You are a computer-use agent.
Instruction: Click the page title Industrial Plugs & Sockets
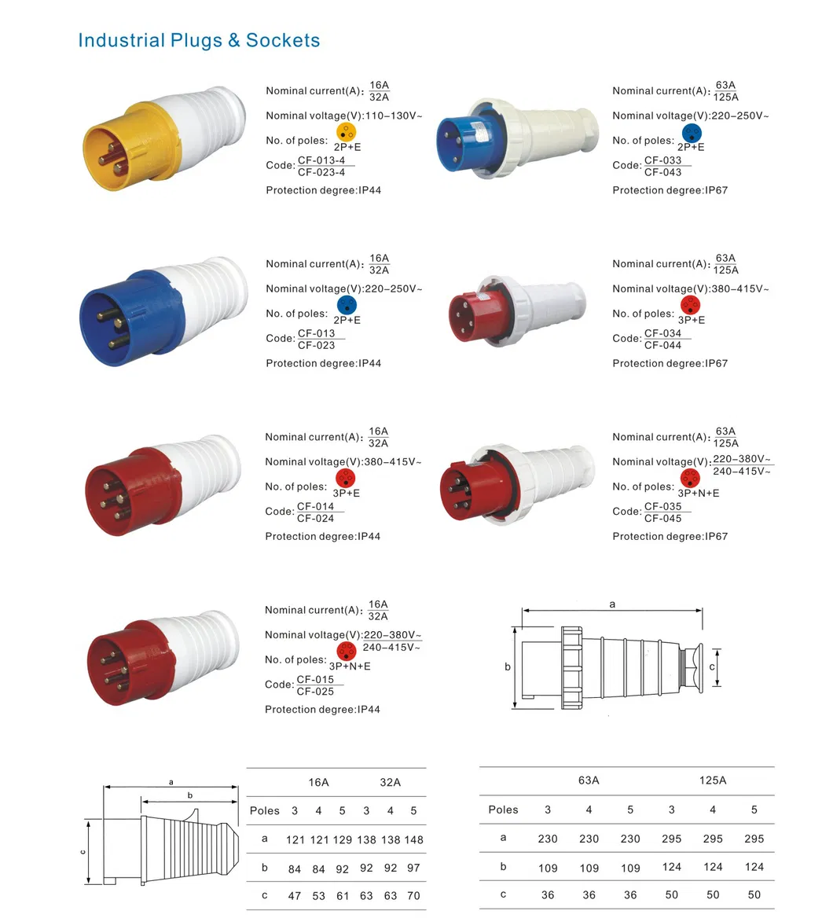199,40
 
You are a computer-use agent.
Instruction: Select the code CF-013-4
321,160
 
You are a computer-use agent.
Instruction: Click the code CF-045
662,518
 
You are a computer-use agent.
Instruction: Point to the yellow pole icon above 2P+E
346,132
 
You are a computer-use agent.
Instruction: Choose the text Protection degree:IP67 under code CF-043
670,190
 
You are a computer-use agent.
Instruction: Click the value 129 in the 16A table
343,839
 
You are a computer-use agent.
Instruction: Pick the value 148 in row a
413,839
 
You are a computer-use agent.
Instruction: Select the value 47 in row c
295,896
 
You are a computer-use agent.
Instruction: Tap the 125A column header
713,780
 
